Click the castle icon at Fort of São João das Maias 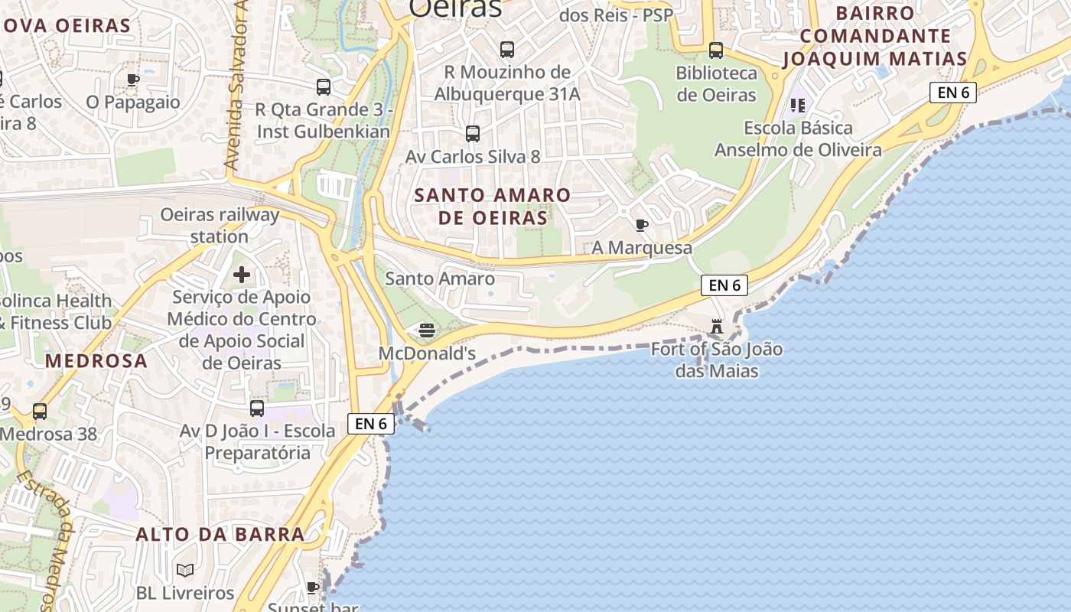pyautogui.click(x=717, y=327)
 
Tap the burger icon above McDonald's pyautogui.click(x=426, y=330)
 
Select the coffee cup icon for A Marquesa pyautogui.click(x=642, y=225)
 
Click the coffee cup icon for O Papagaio pyautogui.click(x=133, y=80)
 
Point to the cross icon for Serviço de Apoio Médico pyautogui.click(x=242, y=274)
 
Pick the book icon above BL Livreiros pyautogui.click(x=185, y=570)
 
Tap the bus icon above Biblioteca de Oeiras pyautogui.click(x=716, y=50)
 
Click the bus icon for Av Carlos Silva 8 pyautogui.click(x=473, y=134)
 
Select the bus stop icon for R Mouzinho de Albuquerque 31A pyautogui.click(x=506, y=50)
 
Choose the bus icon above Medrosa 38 pyautogui.click(x=40, y=412)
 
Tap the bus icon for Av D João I pyautogui.click(x=257, y=409)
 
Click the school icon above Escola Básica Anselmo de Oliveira pyautogui.click(x=798, y=105)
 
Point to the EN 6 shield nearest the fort pyautogui.click(x=724, y=285)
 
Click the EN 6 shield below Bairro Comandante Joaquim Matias pyautogui.click(x=953, y=93)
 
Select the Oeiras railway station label pyautogui.click(x=220, y=226)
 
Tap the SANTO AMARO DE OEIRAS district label pyautogui.click(x=493, y=207)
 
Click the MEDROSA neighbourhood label pyautogui.click(x=96, y=361)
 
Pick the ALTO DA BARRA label pyautogui.click(x=220, y=534)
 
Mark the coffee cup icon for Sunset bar pyautogui.click(x=313, y=588)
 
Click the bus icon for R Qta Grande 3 pyautogui.click(x=324, y=87)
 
